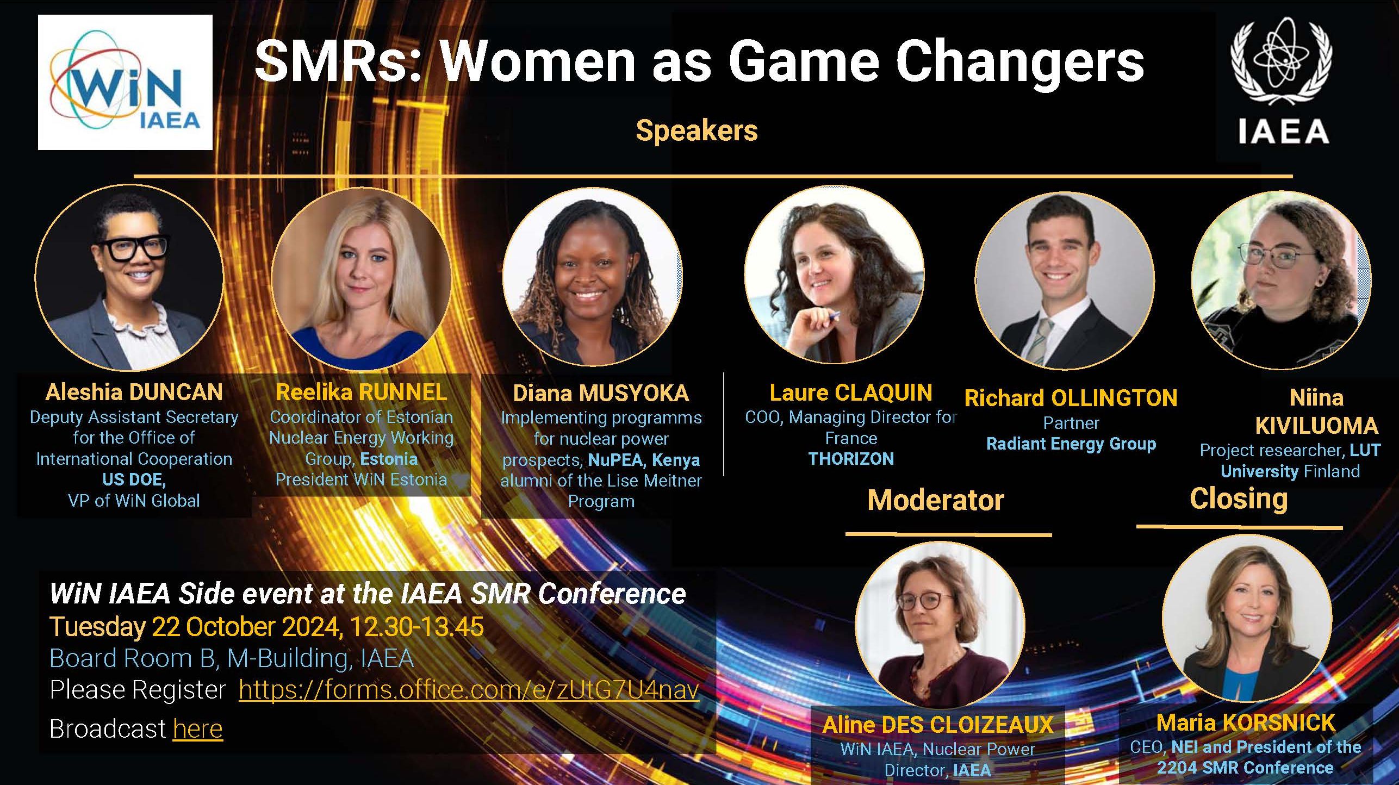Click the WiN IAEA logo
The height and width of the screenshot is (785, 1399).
coord(125,82)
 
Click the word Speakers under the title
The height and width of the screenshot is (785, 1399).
coord(697,130)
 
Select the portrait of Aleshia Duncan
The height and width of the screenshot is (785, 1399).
coord(129,278)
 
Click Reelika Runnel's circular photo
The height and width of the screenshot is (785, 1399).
coord(362,279)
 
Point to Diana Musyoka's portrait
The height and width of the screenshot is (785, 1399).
coord(593,279)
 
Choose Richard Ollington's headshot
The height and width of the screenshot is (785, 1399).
coord(1065,281)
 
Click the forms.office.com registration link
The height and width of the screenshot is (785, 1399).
coord(469,690)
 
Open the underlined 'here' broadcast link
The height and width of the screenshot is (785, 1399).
coord(198,728)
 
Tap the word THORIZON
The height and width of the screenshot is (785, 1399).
coord(851,459)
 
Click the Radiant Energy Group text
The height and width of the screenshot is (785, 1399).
coord(1071,444)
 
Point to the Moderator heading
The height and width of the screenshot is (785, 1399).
coord(936,500)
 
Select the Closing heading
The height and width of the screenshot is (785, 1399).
coord(1239,499)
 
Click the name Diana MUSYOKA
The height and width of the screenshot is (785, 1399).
coord(601,393)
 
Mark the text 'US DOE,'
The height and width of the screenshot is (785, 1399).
coord(134,479)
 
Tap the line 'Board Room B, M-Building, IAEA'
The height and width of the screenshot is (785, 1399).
coord(232,658)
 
